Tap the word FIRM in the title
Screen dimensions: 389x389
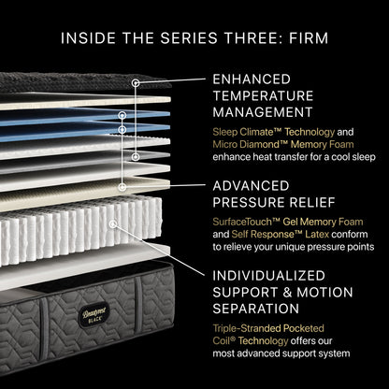tap(305, 39)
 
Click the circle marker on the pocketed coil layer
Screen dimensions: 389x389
tap(113, 224)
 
